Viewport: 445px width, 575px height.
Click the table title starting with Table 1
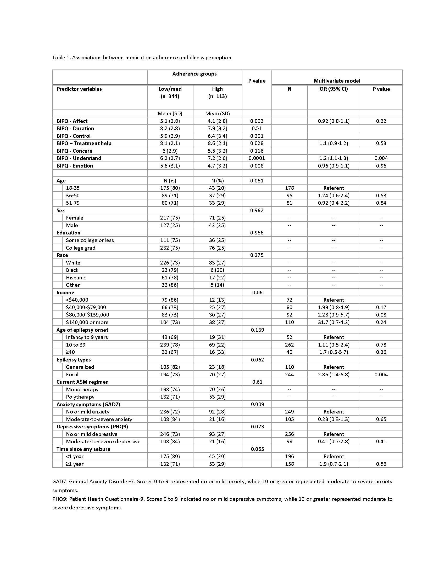coord(141,58)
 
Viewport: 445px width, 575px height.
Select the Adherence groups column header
coord(194,74)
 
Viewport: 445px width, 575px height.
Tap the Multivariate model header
coord(337,81)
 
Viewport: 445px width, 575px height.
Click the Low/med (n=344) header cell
coord(170,93)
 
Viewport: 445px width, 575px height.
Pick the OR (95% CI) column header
coord(333,89)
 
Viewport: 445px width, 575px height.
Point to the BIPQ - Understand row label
coord(79,158)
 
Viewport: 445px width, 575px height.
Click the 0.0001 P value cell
coord(257,158)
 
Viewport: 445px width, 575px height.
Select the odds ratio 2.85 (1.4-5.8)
coord(333,374)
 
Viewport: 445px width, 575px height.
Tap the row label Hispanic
coord(76,278)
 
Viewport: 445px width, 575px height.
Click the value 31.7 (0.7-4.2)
coord(333,322)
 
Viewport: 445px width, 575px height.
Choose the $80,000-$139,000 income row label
coord(87,315)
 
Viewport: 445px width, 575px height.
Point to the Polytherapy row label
coord(80,397)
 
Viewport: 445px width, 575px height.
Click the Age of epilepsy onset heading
coord(82,330)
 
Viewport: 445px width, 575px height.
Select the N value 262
coord(289,345)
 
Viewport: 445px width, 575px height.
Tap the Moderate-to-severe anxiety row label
coord(99,419)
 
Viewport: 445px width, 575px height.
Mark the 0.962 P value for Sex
coord(257,210)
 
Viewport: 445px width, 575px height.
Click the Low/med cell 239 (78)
coord(170,345)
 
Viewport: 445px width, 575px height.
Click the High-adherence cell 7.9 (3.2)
coord(217,129)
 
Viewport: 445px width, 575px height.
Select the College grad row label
coord(80,248)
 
